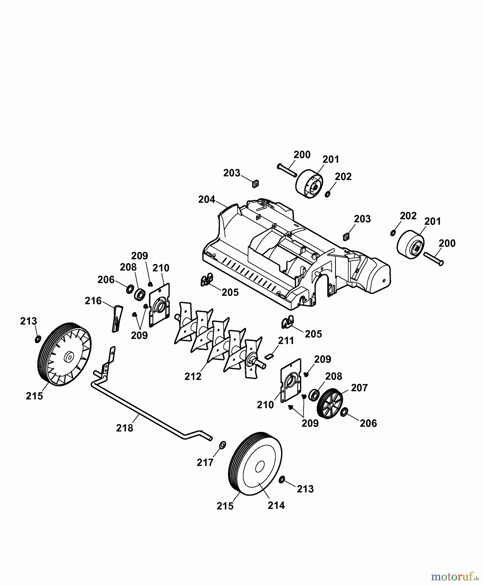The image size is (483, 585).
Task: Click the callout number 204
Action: tap(207, 199)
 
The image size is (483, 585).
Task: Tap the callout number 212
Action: tap(193, 376)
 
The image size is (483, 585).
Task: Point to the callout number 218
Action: tap(124, 428)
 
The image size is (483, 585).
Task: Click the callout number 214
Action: tap(276, 505)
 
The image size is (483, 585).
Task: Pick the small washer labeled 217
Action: tap(223, 445)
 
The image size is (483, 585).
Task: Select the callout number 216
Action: tap(93, 301)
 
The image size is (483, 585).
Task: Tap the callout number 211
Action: tap(286, 341)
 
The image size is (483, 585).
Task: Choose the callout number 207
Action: tap(359, 388)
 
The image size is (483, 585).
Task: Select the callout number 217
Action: tap(205, 462)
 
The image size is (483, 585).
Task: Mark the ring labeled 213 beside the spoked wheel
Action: tap(38, 340)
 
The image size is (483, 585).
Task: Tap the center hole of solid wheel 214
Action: tap(259, 467)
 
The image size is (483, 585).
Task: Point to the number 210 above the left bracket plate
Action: tap(161, 268)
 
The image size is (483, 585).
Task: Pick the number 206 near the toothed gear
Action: tap(368, 423)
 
